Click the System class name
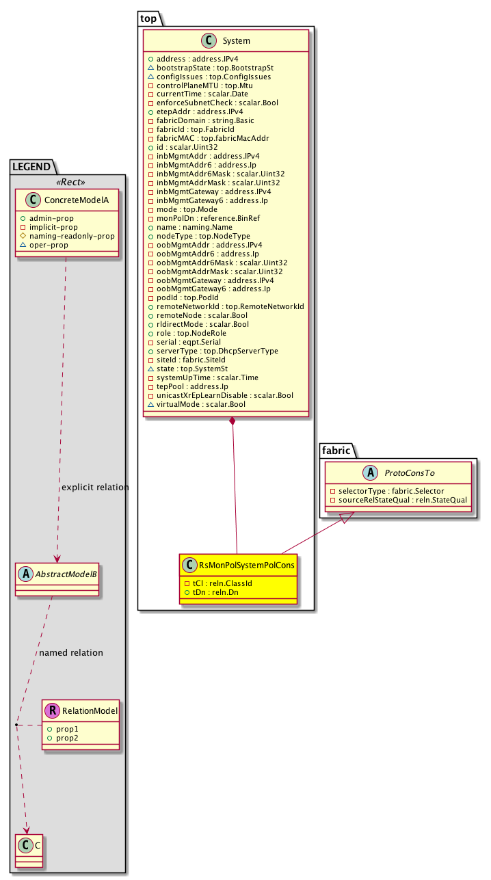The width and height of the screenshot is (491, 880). [236, 41]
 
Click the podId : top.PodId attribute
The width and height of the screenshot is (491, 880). [191, 298]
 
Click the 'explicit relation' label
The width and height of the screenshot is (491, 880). [94, 488]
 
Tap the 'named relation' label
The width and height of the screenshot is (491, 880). [71, 652]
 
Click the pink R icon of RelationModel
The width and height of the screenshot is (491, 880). [52, 711]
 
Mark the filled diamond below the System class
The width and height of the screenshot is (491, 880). [233, 421]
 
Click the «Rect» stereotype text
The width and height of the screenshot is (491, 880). [67, 182]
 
